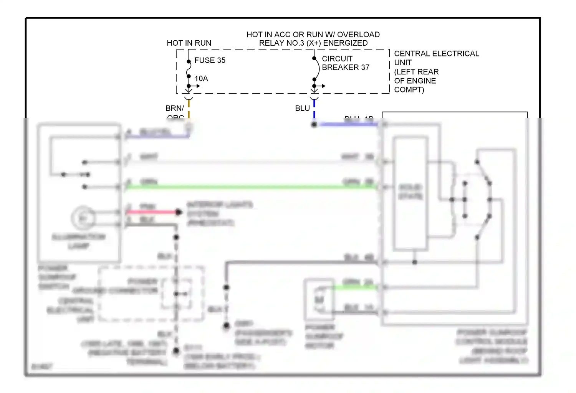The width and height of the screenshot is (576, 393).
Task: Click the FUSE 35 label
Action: point(210,60)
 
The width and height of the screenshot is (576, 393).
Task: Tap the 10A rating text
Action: point(201,79)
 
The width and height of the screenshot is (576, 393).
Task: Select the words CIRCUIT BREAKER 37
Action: point(345,63)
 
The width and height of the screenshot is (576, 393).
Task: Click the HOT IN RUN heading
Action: point(189,43)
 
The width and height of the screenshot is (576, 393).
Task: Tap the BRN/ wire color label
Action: point(174,108)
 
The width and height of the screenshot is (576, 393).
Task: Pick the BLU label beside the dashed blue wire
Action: point(302,108)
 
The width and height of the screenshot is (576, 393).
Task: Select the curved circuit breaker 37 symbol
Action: point(317,69)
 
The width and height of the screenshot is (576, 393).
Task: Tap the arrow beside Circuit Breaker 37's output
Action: point(321,86)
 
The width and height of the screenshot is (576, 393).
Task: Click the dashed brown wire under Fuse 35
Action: point(189,109)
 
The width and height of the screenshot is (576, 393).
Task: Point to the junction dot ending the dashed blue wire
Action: point(314,125)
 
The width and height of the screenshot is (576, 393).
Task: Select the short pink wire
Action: point(152,212)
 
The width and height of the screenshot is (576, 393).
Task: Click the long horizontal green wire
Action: point(250,187)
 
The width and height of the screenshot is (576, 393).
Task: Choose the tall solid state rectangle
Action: point(410,193)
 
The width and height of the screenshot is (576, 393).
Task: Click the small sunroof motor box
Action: point(319,299)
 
